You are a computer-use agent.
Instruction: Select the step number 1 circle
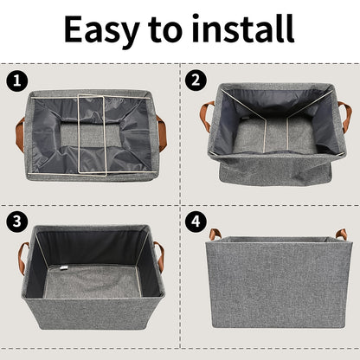(x=15, y=81)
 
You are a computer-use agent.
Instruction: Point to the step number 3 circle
(x=15, y=222)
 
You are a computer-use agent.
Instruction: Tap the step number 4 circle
(x=196, y=222)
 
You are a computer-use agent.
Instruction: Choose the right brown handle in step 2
(x=344, y=115)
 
